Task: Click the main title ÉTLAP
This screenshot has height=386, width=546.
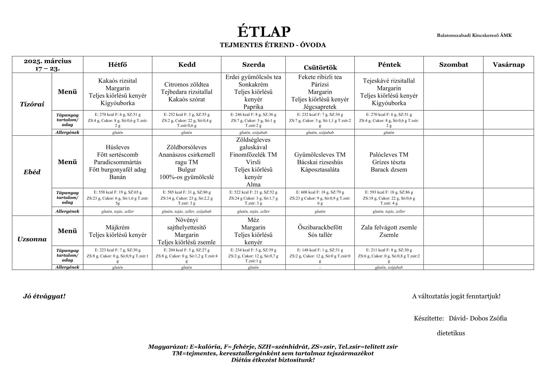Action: click(x=264, y=32)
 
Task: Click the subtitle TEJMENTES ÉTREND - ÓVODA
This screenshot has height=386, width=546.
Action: click(x=273, y=45)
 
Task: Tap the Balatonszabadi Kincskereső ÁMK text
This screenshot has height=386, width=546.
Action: click(x=474, y=35)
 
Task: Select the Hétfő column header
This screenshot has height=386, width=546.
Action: click(x=117, y=65)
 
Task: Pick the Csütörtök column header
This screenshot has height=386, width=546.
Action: click(x=320, y=68)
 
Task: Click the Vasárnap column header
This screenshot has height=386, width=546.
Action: click(x=508, y=65)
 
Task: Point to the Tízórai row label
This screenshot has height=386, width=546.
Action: click(x=32, y=104)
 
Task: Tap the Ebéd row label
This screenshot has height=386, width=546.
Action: click(x=32, y=172)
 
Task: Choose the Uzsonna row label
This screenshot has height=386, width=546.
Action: click(x=32, y=239)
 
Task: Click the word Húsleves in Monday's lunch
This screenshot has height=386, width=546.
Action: click(x=117, y=147)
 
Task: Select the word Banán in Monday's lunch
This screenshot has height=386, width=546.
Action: click(x=117, y=177)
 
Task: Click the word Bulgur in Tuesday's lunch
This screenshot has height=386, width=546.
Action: click(x=187, y=170)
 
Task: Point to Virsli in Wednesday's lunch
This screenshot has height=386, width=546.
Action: click(x=253, y=162)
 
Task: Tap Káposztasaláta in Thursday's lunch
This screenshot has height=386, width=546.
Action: click(x=320, y=170)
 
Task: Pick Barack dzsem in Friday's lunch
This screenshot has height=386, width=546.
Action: click(x=389, y=170)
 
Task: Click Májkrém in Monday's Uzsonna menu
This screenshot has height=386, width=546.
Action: click(x=117, y=228)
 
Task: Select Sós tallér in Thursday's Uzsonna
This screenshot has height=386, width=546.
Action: click(x=320, y=235)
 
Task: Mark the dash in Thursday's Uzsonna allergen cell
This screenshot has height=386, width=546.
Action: click(x=320, y=267)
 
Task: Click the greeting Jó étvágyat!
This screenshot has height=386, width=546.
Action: click(x=44, y=296)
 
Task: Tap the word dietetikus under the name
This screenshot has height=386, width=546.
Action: click(x=451, y=333)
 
